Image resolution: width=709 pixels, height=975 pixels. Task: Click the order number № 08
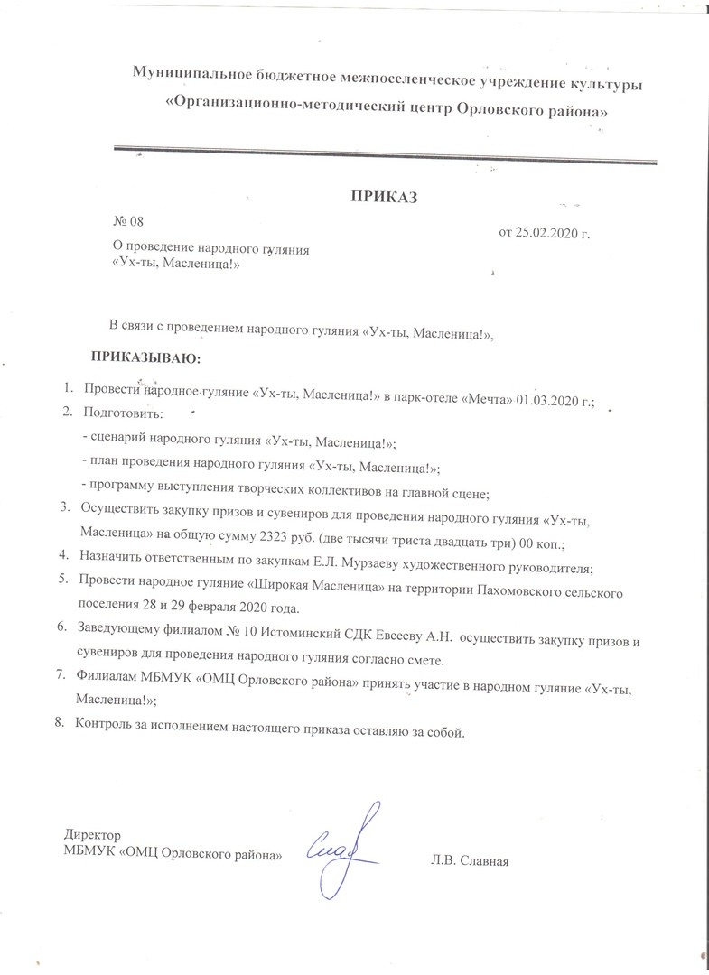[127, 222]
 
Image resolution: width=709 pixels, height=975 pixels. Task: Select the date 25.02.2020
[546, 235]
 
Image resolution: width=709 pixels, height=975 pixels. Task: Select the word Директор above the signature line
[92, 836]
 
